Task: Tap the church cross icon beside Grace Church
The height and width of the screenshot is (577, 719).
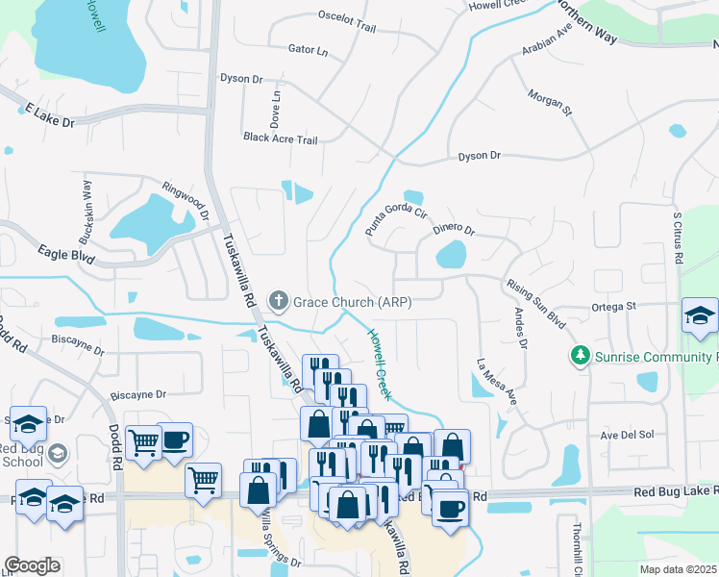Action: [279, 302]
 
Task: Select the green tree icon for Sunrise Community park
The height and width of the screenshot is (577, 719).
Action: [580, 357]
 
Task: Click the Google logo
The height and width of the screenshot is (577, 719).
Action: [32, 565]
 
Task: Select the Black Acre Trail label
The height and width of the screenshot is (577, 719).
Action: [280, 139]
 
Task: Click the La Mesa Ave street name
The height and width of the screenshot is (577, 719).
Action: [497, 381]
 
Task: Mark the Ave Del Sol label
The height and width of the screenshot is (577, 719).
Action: [627, 435]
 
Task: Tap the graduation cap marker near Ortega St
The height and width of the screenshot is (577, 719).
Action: [700, 316]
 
